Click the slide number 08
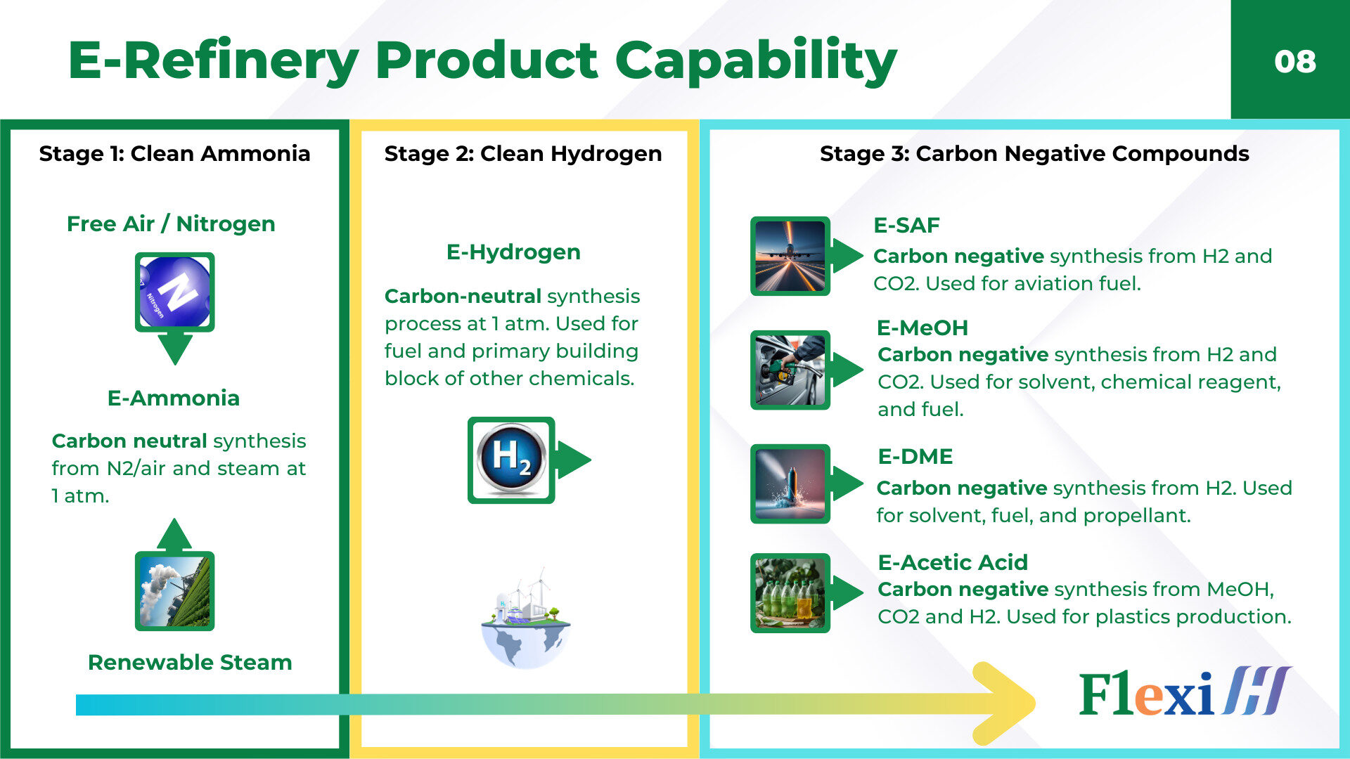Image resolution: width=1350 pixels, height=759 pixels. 1294,61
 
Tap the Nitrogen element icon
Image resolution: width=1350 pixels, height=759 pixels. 174,292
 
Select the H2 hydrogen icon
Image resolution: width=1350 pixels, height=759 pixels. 511,460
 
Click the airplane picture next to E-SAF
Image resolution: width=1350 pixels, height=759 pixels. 790,256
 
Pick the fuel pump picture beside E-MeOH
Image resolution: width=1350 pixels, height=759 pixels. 790,370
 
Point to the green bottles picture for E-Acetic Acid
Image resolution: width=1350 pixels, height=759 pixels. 790,592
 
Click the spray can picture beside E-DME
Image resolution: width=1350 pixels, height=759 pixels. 790,484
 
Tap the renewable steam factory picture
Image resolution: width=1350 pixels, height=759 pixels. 174,590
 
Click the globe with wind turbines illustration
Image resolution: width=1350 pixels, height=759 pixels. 525,618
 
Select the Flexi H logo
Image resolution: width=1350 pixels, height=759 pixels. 1185,692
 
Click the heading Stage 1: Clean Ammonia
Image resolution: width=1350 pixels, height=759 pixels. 174,153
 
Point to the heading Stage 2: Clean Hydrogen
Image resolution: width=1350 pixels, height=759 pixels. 523,153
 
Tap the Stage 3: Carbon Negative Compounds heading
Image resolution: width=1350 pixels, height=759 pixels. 1034,153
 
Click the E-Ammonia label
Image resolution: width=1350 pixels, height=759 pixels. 174,398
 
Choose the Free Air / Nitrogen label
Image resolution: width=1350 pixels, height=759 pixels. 171,223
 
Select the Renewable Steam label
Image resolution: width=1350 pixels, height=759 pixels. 190,662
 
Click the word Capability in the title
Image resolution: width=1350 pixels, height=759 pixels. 756,61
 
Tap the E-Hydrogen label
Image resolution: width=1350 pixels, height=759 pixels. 513,252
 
